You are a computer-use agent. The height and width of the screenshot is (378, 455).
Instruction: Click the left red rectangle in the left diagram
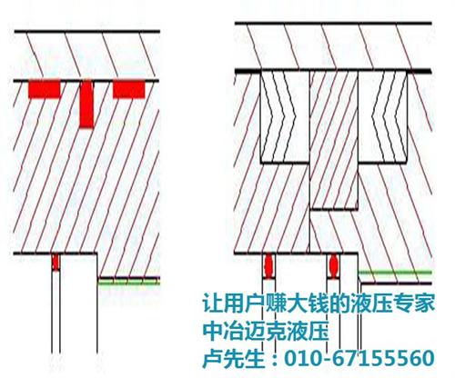(x=45, y=89)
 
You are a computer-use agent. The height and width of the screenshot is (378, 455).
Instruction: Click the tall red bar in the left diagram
(x=86, y=104)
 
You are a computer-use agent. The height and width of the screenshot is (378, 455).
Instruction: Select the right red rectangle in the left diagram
(x=129, y=89)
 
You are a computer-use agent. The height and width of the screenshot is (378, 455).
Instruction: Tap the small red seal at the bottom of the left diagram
(x=56, y=263)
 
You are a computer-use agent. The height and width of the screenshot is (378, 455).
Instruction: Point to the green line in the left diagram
(x=128, y=283)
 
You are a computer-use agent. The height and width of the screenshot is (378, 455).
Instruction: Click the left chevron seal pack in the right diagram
(x=285, y=116)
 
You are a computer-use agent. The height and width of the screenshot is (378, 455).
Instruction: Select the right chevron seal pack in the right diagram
(x=382, y=116)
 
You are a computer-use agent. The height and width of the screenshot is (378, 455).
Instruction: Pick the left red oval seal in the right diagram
(x=269, y=265)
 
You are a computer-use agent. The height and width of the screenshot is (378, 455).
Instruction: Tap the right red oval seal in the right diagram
(x=334, y=265)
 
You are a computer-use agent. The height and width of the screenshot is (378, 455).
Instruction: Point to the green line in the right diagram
(x=395, y=273)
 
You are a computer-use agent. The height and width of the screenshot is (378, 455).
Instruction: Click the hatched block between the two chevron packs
(x=334, y=140)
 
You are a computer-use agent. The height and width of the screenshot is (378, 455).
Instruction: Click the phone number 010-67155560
(x=359, y=358)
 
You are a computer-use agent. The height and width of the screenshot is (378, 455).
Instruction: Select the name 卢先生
(x=233, y=358)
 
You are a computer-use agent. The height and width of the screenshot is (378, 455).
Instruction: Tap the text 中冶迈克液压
(x=266, y=331)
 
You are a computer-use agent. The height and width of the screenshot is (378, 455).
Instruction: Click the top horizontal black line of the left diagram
(x=87, y=31)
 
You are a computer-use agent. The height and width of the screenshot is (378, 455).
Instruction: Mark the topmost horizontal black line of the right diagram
(x=333, y=23)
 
